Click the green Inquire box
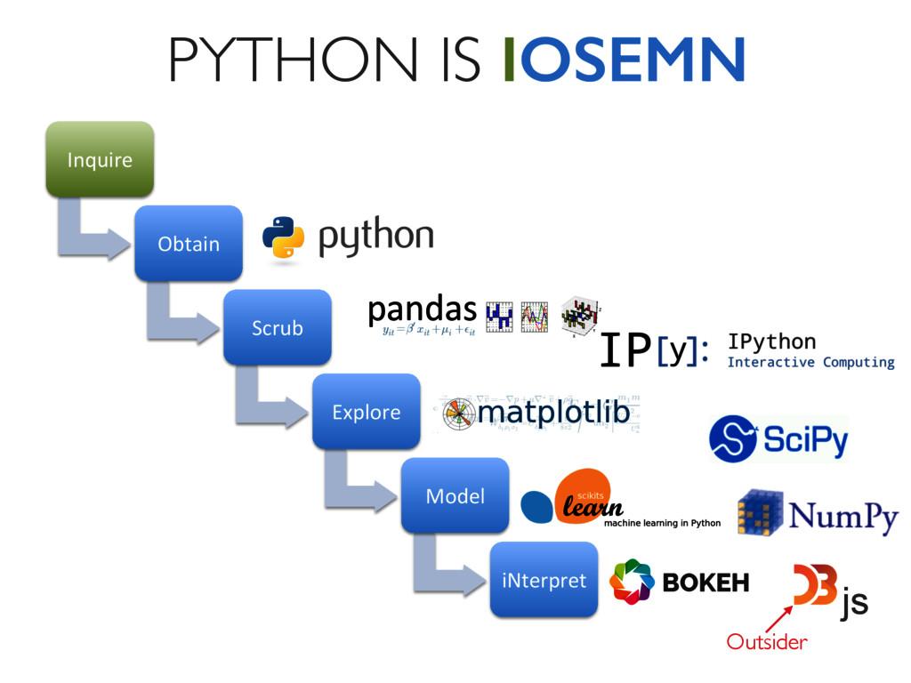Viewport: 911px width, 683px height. coord(100,159)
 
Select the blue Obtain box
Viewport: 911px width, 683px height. coord(189,243)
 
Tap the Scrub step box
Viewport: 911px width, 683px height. coord(277,327)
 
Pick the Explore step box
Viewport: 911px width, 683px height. coord(366,412)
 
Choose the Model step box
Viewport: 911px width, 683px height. coord(455,495)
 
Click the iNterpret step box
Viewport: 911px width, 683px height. coord(544,580)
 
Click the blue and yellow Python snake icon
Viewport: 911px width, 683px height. coord(284,237)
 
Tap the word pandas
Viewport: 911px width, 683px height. coord(422,309)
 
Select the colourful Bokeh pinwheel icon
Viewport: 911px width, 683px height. coord(632,582)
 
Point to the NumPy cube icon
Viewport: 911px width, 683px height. coord(758,513)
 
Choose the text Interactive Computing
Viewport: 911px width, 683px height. coord(810,363)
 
